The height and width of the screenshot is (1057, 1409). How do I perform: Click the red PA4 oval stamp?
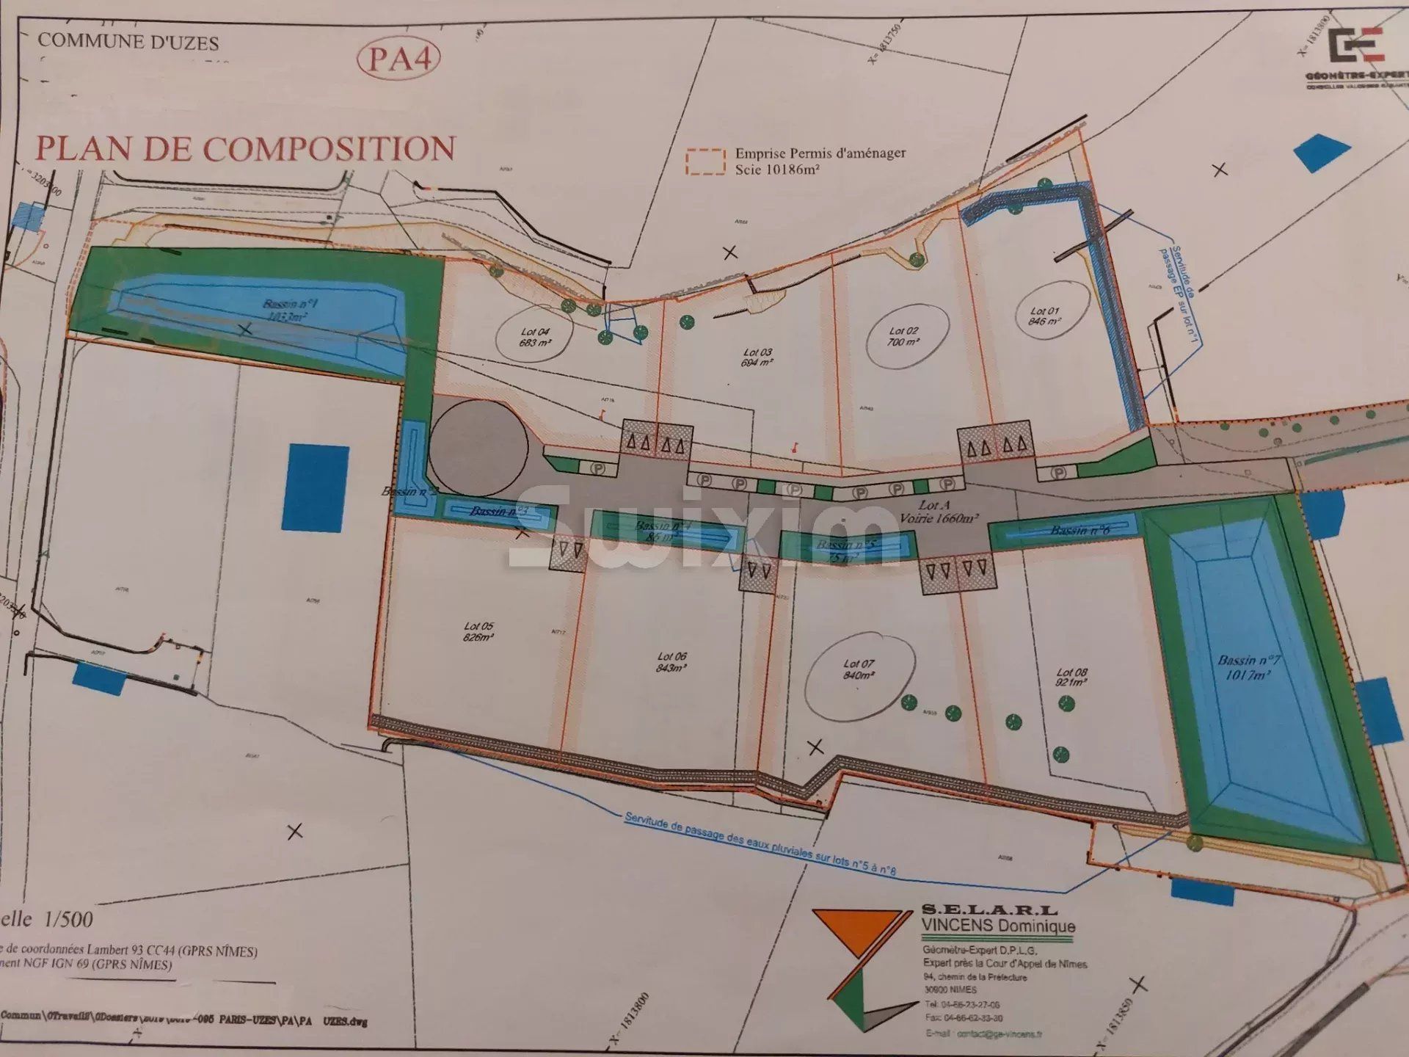pos(398,59)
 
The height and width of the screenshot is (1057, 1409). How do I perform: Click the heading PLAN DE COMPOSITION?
pos(246,149)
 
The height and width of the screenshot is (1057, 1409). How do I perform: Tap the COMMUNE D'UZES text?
pos(128,42)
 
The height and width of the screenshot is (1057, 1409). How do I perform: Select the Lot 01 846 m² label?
pos(1044,316)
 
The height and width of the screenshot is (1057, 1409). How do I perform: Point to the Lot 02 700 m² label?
pos(903,337)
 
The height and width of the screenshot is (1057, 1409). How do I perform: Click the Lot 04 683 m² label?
pos(535,338)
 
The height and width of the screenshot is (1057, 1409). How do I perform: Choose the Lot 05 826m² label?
pos(478,632)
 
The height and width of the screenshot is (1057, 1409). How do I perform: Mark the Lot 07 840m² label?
pos(859,669)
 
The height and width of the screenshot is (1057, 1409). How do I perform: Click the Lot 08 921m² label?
pos(1072,677)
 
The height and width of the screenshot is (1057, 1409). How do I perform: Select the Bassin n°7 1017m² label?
pos(1248,667)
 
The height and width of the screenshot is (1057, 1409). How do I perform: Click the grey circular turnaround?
pos(478,448)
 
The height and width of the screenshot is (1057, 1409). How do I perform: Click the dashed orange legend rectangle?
pos(705,162)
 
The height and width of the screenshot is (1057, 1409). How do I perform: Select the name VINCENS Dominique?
pos(998,927)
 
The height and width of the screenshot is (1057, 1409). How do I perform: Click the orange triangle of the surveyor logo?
pos(856,931)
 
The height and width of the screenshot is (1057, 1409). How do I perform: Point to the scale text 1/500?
pos(68,919)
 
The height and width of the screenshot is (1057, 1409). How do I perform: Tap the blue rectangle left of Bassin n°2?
pos(316,487)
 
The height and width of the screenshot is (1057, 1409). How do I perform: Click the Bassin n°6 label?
pos(1079,530)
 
